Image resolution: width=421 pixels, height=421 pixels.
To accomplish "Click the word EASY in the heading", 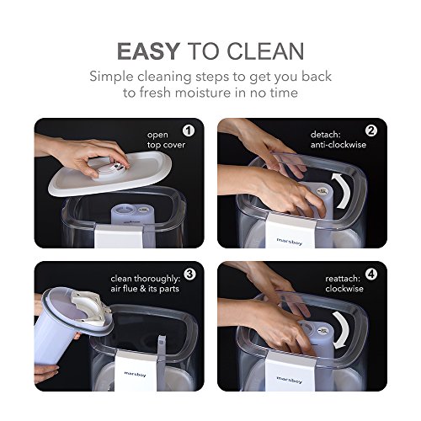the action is point(148,51).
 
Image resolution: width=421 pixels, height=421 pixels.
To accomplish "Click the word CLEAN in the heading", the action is point(265,51).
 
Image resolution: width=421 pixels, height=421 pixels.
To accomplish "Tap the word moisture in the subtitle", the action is point(203,93).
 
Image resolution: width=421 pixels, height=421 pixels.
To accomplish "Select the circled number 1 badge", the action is point(189,131).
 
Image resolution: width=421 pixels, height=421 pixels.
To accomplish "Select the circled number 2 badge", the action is point(371,131).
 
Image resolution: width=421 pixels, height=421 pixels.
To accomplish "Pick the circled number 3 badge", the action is point(189,274).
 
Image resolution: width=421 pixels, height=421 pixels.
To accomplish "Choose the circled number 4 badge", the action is point(371,274).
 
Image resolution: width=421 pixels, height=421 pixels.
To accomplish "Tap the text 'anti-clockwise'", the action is point(338,145).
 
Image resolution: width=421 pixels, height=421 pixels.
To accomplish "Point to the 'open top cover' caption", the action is point(166,140).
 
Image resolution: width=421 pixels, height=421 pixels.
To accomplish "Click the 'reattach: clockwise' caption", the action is point(344,284).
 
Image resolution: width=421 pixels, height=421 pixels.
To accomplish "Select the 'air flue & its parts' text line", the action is point(145,289).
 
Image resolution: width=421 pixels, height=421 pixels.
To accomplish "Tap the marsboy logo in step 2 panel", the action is point(290,242).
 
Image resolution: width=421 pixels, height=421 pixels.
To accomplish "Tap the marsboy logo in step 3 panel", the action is point(135,374).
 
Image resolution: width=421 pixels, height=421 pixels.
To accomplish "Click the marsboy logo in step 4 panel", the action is point(290,380).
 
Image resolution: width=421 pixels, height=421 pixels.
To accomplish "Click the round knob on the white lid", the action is point(109,168).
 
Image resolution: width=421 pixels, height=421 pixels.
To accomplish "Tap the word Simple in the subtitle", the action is point(111,77).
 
